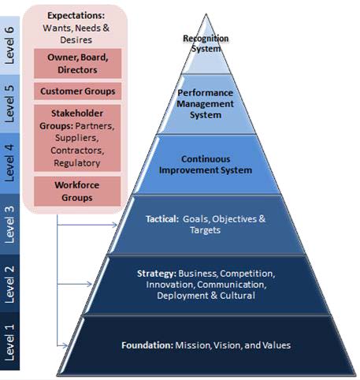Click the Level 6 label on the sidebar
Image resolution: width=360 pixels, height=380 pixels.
(x=9, y=45)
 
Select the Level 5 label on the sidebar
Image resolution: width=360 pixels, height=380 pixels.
(x=9, y=103)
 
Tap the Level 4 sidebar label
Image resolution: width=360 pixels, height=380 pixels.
(x=9, y=163)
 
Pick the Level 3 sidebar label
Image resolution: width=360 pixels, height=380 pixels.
(x=9, y=225)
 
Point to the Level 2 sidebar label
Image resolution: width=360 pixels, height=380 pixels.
(x=9, y=285)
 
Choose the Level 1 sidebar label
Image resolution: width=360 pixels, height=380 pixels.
(x=9, y=343)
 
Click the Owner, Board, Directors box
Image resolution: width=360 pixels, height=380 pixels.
(x=77, y=63)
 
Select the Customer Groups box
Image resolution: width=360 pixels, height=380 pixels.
(x=77, y=91)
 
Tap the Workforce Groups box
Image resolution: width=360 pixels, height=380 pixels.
(x=77, y=191)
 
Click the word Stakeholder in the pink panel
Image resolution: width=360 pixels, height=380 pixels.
(x=77, y=114)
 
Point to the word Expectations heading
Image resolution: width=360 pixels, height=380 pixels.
(x=76, y=16)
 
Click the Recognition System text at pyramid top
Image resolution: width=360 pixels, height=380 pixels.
(x=206, y=43)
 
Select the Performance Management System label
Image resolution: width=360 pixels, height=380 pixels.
(x=205, y=104)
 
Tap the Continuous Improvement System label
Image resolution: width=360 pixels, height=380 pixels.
(x=206, y=165)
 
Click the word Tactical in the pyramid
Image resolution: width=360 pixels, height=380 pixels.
(x=162, y=219)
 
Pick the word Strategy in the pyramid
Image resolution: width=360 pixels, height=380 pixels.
(x=157, y=274)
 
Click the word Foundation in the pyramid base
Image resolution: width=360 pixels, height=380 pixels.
(x=147, y=345)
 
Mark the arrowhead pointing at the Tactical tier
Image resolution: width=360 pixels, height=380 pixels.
(x=115, y=225)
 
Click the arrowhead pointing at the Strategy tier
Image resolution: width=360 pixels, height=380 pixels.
(x=89, y=284)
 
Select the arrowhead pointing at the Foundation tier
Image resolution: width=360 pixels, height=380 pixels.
(x=65, y=345)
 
